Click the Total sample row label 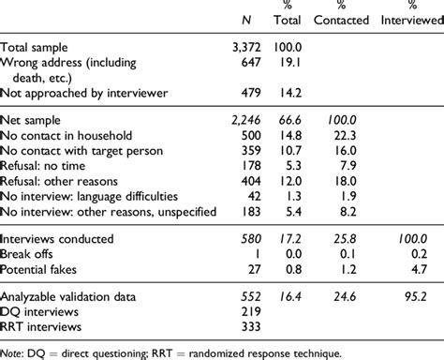coord(40,45)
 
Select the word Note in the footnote coord(14,353)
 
